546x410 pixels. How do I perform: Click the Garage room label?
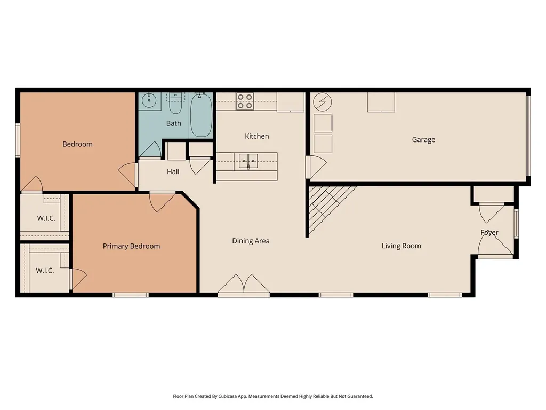coord(423,140)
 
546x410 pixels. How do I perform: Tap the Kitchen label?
coord(256,136)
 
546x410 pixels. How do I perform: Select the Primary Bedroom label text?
coord(131,246)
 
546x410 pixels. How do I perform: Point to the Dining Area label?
coord(251,241)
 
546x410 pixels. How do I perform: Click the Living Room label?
coord(401,246)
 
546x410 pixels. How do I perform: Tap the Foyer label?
coord(489,233)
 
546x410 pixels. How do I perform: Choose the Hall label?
coord(173,171)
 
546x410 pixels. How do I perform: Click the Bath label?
coord(173,123)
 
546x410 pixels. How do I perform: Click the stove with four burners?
coord(245,101)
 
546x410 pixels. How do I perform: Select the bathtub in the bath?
coord(201,115)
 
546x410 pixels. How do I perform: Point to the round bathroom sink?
coord(149,101)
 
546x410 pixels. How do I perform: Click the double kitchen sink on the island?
coord(248,161)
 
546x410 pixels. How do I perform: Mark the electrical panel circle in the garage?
coord(323,102)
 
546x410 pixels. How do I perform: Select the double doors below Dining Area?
coord(244,284)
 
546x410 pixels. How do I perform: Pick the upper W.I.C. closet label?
coord(46,218)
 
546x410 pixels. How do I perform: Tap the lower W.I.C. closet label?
coord(45,271)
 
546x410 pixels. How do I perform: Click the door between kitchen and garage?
coord(316,167)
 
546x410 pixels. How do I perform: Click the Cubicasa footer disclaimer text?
coord(273,396)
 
